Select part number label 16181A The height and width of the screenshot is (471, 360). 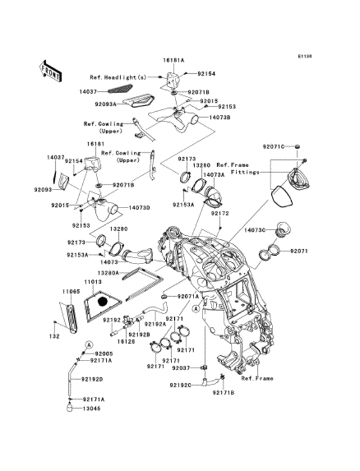coord(173,60)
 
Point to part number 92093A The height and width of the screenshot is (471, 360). coord(105,103)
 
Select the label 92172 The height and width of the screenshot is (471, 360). coord(221,213)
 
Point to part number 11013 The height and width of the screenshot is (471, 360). coord(94,281)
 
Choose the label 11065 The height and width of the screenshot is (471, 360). coord(71,292)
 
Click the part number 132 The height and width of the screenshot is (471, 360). coord(55,336)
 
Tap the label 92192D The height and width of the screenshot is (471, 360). coord(93,379)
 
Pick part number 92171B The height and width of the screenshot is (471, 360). coord(223,391)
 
